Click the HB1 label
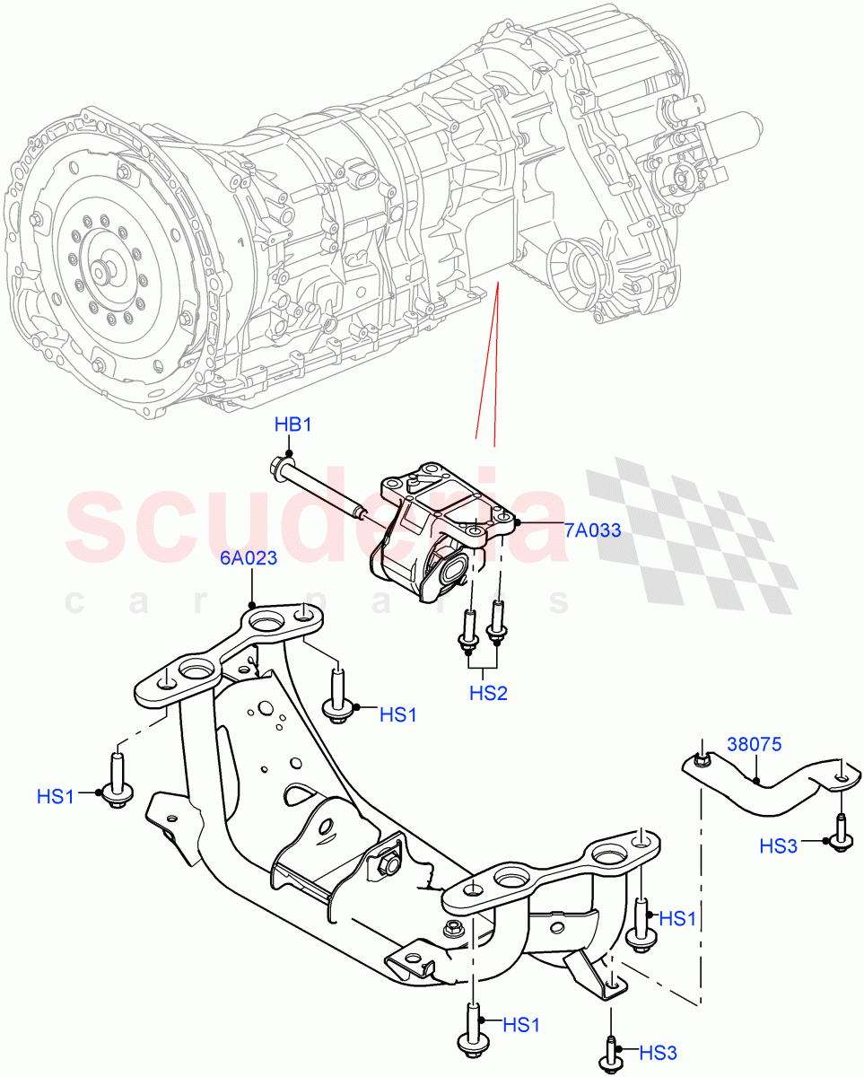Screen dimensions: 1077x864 (292, 425)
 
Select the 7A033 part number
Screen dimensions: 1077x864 (592, 530)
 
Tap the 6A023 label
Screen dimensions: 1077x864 (249, 558)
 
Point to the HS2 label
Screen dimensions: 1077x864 (488, 693)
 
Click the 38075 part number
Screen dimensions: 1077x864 (755, 744)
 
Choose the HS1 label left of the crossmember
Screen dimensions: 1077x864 (57, 795)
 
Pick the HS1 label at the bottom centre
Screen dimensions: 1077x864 (522, 1023)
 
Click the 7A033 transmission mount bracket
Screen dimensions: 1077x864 (431, 530)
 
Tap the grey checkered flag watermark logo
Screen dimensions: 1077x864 (691, 530)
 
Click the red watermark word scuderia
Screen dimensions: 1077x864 (314, 525)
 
